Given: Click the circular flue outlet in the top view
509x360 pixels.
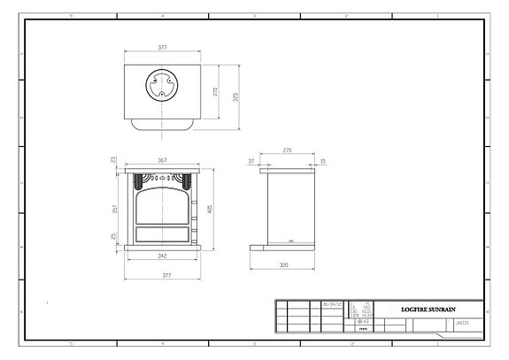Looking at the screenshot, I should point(162,85).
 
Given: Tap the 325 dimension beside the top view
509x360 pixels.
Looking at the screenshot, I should point(235,96).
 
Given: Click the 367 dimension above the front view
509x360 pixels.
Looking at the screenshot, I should point(161,160).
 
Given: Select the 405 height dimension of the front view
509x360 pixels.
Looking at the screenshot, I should point(210,210).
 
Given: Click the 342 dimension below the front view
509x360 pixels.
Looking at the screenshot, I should point(161,256).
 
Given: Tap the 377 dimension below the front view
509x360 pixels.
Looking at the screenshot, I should point(161,276).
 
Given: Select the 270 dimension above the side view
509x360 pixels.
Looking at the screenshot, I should point(287,151).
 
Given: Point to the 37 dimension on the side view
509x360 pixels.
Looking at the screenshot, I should point(251,161).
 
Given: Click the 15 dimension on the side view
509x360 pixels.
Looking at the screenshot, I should point(322,161).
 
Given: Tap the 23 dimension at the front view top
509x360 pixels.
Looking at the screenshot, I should point(113,160).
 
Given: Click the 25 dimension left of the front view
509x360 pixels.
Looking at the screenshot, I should point(113,236).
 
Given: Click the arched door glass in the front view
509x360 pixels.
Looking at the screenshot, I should point(162,206).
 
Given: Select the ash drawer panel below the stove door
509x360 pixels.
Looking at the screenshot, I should point(162,234).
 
